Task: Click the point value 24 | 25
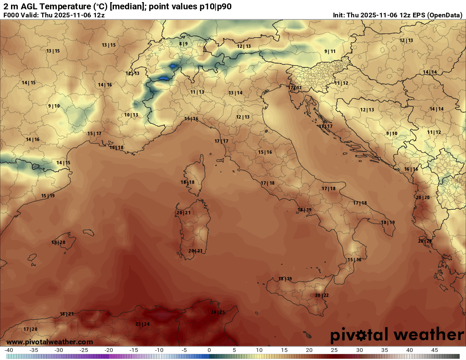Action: [x=218, y=313]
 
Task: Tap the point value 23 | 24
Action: [x=143, y=324]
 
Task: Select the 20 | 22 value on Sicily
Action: [x=322, y=295]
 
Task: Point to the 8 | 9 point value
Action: [x=183, y=44]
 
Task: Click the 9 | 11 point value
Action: [x=330, y=51]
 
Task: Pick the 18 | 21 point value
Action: [x=67, y=314]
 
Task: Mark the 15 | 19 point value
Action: [x=48, y=196]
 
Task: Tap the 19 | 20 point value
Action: [x=58, y=243]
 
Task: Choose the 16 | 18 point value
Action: [x=116, y=148]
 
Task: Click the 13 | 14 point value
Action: [x=236, y=93]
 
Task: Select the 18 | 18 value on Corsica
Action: [x=188, y=183]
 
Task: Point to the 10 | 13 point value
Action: [x=131, y=115]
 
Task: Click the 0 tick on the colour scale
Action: [x=209, y=350]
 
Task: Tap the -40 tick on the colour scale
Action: [x=8, y=350]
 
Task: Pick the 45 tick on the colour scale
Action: [x=435, y=350]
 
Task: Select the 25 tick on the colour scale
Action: [x=335, y=350]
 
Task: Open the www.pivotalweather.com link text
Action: [x=50, y=342]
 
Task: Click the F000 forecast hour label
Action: [x=11, y=15]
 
